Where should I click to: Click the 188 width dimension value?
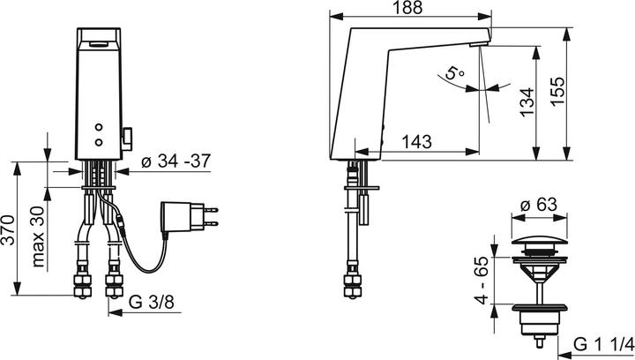click(x=407, y=7)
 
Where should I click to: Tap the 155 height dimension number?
click(x=557, y=91)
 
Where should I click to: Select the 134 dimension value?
click(x=527, y=102)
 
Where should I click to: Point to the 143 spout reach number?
click(x=416, y=142)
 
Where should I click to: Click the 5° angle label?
click(x=454, y=72)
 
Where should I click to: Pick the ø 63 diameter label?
click(x=539, y=205)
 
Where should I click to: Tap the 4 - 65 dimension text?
click(x=482, y=281)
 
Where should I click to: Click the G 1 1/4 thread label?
click(x=603, y=345)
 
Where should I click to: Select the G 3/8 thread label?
click(x=152, y=302)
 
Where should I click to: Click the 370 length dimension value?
click(x=8, y=230)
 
